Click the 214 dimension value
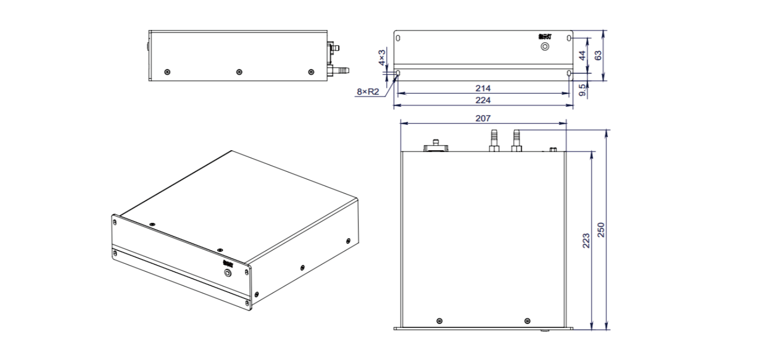(483, 88)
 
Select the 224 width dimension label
(483, 100)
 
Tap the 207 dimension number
(483, 118)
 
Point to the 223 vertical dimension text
(586, 240)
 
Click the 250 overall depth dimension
(601, 229)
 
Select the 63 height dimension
(598, 55)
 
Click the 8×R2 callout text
(368, 91)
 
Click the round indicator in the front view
(545, 47)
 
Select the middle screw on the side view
(239, 71)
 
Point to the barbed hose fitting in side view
(339, 69)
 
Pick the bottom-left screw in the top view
(439, 321)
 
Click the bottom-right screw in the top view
(527, 321)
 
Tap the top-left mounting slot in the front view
(398, 38)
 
